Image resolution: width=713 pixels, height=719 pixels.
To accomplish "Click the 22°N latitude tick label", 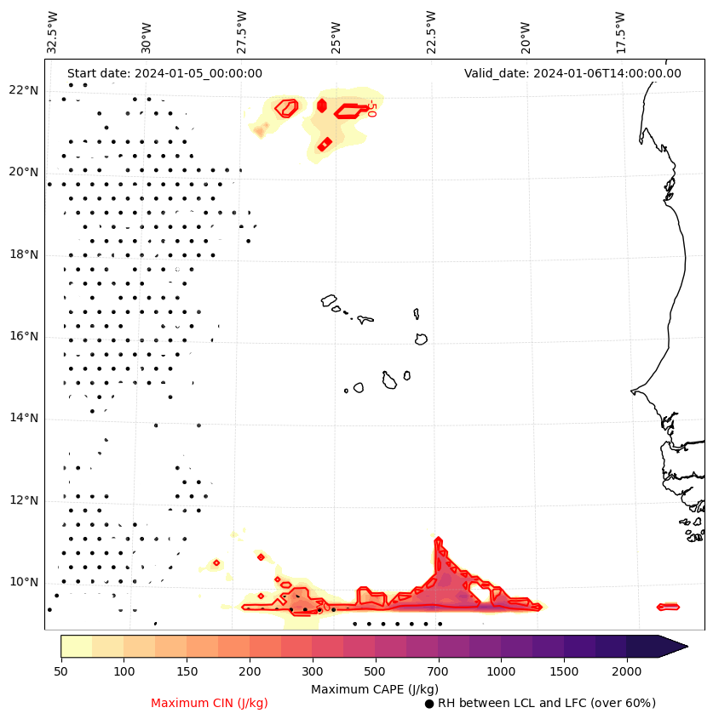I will pyautogui.click(x=24, y=90).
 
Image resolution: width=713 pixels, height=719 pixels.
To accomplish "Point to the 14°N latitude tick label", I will pyautogui.click(x=24, y=418).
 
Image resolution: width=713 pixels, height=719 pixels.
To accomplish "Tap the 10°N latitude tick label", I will pyautogui.click(x=24, y=582).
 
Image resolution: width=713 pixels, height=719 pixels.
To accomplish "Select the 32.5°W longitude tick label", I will pyautogui.click(x=53, y=32).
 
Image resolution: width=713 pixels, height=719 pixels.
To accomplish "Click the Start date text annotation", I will pyautogui.click(x=164, y=73).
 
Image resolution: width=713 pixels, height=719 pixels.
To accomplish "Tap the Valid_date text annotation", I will pyautogui.click(x=572, y=73).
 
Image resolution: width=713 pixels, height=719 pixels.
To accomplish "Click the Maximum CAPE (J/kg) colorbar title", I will pyautogui.click(x=375, y=688).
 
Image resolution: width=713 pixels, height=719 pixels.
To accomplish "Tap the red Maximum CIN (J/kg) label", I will pyautogui.click(x=210, y=703).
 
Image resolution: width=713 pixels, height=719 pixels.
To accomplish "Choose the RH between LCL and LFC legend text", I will pyautogui.click(x=546, y=703).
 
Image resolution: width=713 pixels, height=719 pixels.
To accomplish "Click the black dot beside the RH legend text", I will pyautogui.click(x=429, y=704).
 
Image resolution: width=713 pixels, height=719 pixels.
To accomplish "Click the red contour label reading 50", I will pyautogui.click(x=371, y=108).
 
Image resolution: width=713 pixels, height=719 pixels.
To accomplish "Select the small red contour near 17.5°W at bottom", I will pyautogui.click(x=668, y=607).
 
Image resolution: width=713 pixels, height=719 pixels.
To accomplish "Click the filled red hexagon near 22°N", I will pyautogui.click(x=322, y=106).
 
